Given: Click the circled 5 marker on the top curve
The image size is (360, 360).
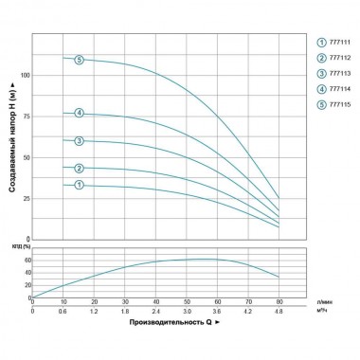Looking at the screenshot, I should pos(80,60).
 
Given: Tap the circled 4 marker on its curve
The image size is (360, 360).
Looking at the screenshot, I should pos(80,114).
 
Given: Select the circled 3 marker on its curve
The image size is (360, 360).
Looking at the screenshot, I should pos(80,141).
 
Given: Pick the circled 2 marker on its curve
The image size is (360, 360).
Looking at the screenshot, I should pos(80,168).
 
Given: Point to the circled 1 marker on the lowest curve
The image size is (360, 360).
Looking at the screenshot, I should pos(80,185).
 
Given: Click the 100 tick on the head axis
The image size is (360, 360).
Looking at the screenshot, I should pos(25,74).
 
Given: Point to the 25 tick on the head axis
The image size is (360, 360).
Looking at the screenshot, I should pos(26,199).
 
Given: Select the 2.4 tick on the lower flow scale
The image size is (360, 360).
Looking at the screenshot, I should pos(155,312).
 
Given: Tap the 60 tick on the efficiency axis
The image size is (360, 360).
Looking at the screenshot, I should pos(27,260).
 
